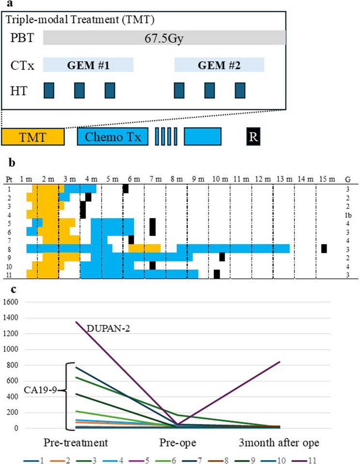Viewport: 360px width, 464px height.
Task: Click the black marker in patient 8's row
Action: (x=324, y=248)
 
